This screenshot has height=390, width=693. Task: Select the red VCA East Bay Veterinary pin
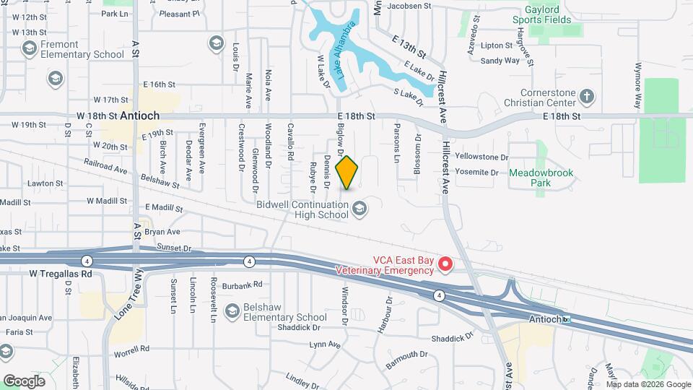click(445, 265)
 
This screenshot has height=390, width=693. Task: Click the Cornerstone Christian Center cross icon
click(588, 96)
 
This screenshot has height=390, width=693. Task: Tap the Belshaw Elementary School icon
click(232, 311)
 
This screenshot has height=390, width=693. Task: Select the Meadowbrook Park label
click(540, 178)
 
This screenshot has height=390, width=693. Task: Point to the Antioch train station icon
click(567, 319)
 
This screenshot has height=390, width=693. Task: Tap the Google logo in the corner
click(24, 381)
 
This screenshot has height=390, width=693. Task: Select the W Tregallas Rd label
click(61, 274)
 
